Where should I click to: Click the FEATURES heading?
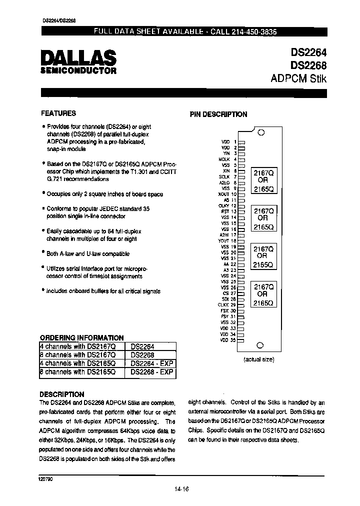tap(58, 113)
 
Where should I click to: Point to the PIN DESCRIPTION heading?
tap(218, 114)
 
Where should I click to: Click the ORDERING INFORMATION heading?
tap(81, 337)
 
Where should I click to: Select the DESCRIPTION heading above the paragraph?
tap(61, 394)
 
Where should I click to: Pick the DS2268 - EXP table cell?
tap(151, 372)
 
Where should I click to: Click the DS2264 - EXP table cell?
tap(151, 363)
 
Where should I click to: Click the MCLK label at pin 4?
tap(224, 159)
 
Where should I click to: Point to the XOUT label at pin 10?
tap(224, 193)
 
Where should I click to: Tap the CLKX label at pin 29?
tap(223, 304)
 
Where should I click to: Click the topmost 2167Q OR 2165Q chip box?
tap(263, 180)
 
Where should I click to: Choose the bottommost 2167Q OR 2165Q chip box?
tap(263, 295)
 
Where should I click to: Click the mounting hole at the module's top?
tap(259, 132)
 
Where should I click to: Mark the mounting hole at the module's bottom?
tap(259, 345)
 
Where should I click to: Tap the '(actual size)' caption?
tap(259, 359)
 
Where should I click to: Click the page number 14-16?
tap(183, 489)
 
